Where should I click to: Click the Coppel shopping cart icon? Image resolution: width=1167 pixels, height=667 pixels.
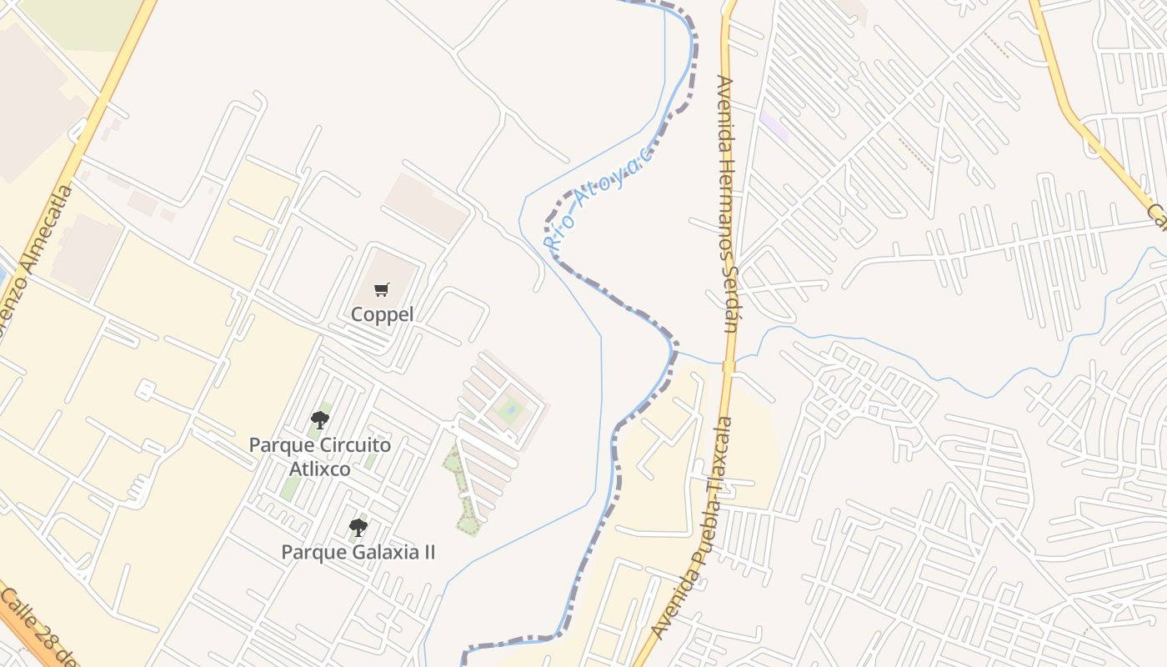pos(382,290)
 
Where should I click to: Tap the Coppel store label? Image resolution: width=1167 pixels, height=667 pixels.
pos(382,314)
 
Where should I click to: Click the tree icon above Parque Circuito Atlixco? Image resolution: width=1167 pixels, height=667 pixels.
pos(320,419)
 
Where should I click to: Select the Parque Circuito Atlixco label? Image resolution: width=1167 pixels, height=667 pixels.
pos(320,456)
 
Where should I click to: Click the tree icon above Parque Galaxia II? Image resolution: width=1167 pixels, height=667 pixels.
pos(358,527)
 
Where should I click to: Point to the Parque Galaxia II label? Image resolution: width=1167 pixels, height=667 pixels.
pos(358,552)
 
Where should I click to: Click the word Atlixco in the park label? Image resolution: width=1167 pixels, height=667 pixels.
pos(320,469)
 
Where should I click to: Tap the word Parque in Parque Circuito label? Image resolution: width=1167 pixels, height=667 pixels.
pos(276,444)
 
